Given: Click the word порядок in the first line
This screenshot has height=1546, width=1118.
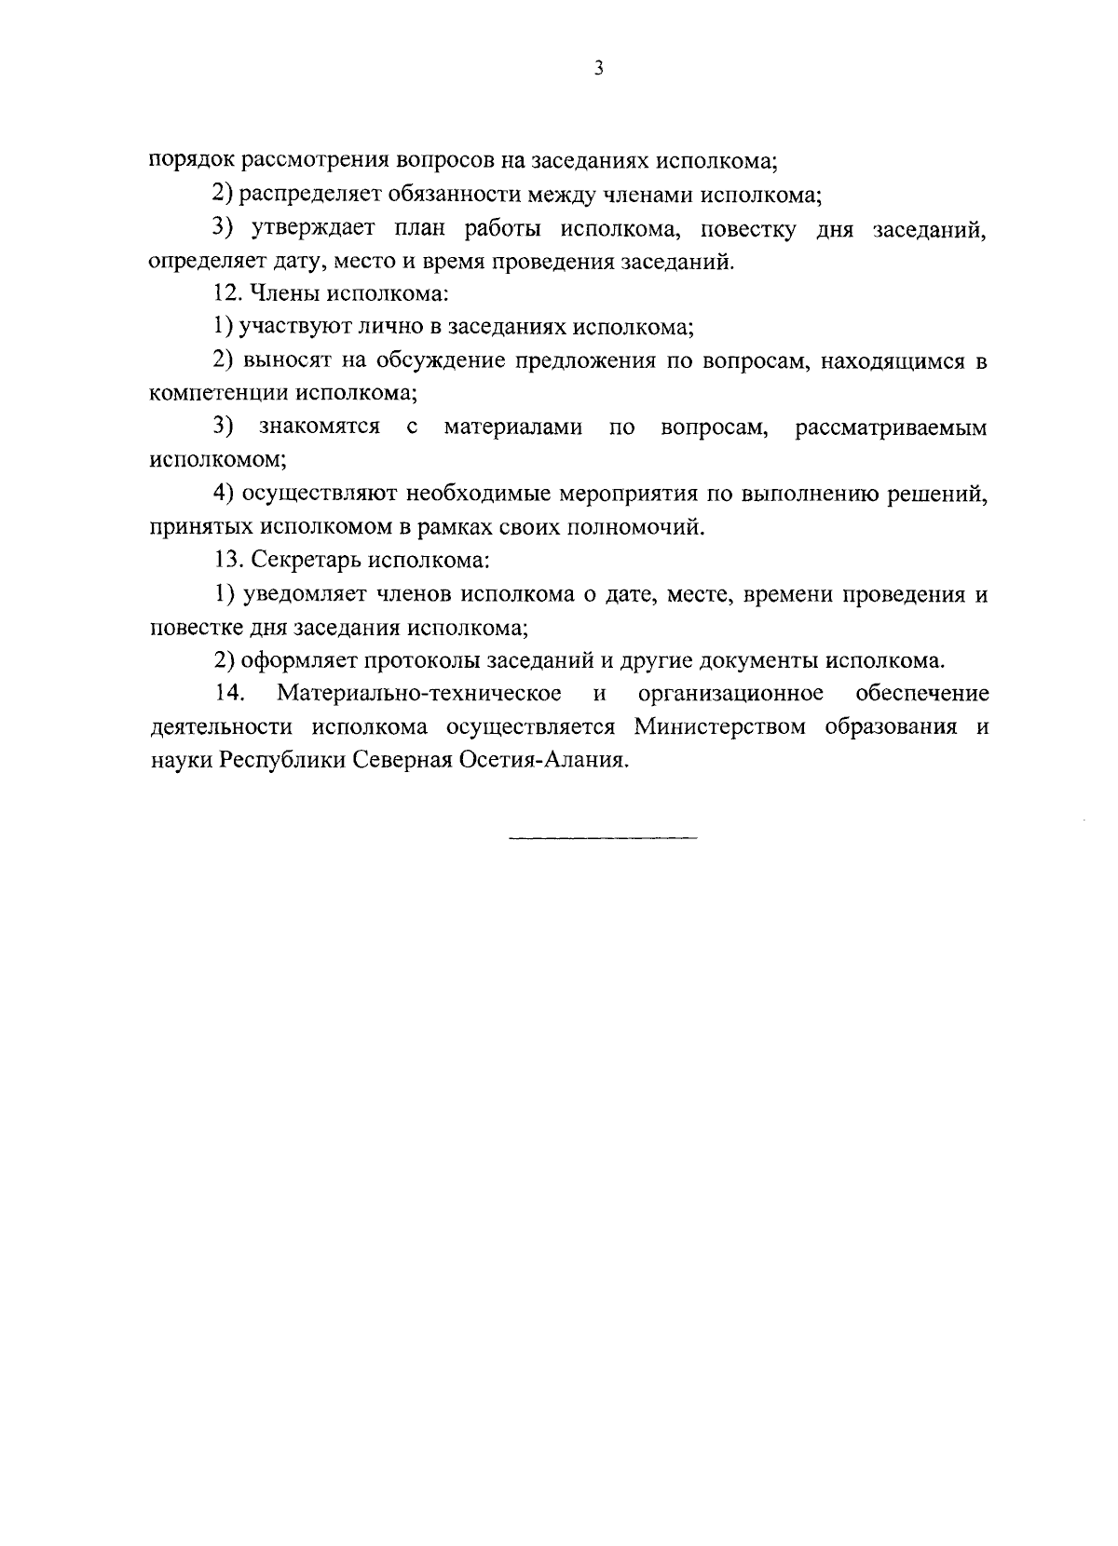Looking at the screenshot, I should (x=192, y=160).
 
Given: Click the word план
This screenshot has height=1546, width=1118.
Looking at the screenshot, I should (x=417, y=229).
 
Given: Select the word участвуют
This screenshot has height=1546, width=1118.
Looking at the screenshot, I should (x=293, y=328).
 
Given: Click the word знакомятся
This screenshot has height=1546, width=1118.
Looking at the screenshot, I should (x=320, y=427).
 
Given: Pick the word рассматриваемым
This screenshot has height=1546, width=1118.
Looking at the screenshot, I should (x=891, y=427).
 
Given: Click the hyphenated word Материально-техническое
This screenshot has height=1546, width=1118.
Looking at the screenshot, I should (x=419, y=694).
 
